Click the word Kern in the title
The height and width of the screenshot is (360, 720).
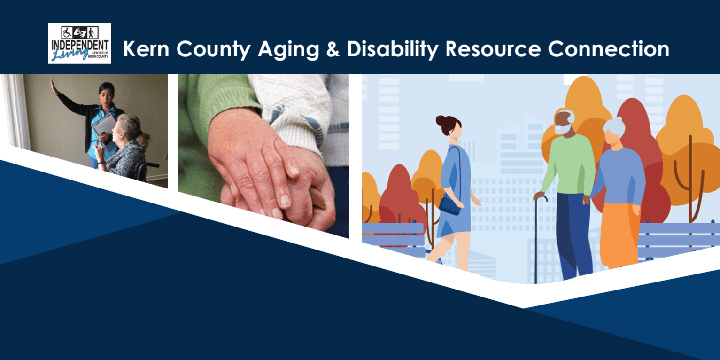146,49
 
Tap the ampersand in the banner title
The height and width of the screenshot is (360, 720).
333,49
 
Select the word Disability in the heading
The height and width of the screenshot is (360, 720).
393,49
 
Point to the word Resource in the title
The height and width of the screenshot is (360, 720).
493,49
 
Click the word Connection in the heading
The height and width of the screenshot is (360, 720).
609,49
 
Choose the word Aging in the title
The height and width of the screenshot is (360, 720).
288,50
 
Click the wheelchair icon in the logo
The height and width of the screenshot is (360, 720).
67,32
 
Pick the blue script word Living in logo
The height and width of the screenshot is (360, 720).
70,54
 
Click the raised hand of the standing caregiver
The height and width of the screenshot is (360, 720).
54,87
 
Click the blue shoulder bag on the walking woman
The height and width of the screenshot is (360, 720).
450,205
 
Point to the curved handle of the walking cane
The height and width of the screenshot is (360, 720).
541,198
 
